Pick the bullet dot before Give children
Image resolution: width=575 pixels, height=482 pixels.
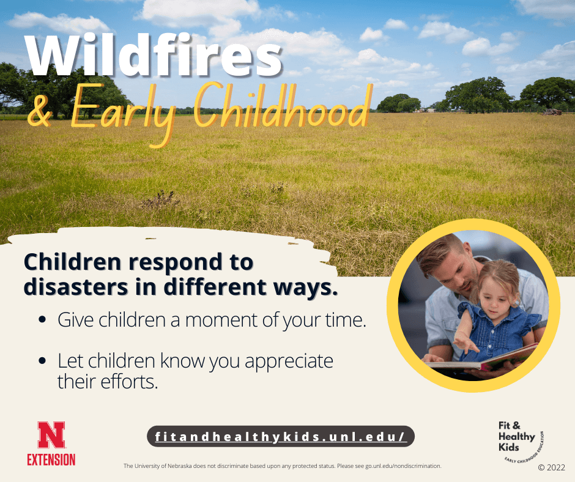(x=42, y=320)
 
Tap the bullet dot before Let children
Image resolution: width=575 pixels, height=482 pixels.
(x=42, y=361)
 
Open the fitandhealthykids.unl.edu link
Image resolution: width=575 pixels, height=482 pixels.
(x=281, y=437)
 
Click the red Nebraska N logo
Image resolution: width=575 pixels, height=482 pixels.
(x=51, y=435)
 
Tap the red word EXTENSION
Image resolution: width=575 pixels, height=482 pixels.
(x=51, y=459)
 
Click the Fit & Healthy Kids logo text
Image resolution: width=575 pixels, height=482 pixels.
(x=516, y=437)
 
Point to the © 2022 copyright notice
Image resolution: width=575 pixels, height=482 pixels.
(x=551, y=467)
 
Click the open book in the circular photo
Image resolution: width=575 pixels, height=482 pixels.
(x=483, y=361)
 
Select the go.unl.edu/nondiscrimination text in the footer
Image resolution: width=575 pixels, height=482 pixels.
(x=403, y=466)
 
